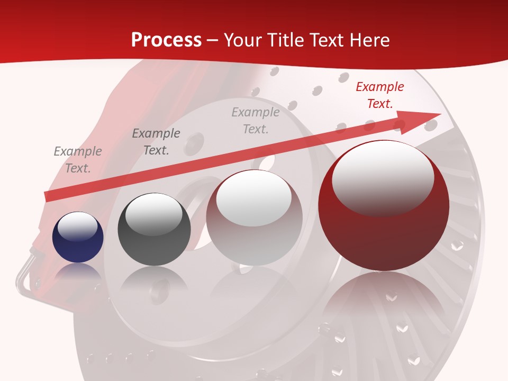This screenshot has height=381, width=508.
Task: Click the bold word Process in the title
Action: click(166, 40)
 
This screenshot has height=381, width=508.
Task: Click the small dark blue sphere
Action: click(78, 238)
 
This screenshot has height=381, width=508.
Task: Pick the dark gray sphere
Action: click(154, 230)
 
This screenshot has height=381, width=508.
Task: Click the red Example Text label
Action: click(379, 95)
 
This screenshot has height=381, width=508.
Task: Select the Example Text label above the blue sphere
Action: click(77, 160)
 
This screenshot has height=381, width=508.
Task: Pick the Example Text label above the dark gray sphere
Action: click(156, 142)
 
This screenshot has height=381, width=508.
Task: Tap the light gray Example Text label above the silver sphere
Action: click(256, 120)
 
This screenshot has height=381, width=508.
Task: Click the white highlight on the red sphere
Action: click(383, 177)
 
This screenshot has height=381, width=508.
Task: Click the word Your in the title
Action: click(243, 40)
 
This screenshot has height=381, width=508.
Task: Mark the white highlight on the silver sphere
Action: click(254, 197)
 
